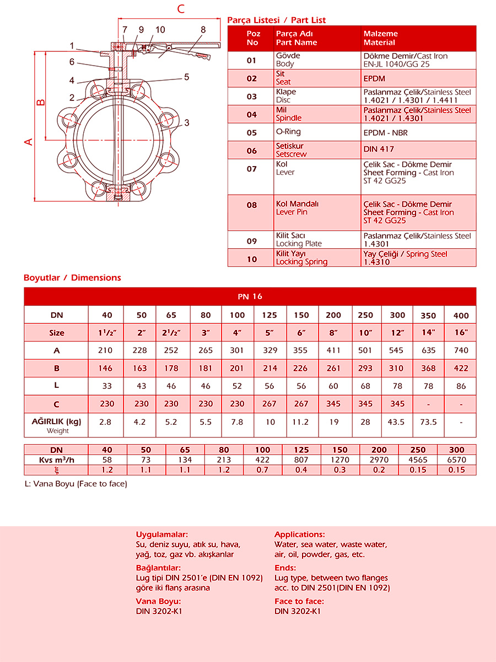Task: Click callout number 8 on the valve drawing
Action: point(203,30)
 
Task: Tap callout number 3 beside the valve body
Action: point(187,122)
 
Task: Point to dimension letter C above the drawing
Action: point(180,8)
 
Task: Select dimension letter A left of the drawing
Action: point(29,142)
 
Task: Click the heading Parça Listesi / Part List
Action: point(276,20)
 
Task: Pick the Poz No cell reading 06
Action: point(252,151)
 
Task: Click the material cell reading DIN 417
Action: point(379,149)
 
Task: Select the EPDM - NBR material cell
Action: point(386,133)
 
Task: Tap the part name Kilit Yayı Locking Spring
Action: point(301,258)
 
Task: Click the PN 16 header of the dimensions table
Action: point(250,296)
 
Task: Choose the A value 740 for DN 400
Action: point(461,350)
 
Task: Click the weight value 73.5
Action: point(428,421)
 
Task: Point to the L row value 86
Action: point(461,386)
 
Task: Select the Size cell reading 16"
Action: point(461,333)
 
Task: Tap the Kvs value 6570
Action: point(457,460)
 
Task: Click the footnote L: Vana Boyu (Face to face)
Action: point(76,484)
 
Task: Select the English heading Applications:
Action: point(299,534)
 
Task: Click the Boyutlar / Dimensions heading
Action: point(72,277)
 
